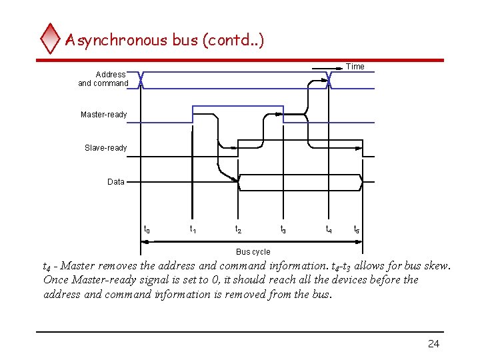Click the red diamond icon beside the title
(51, 39)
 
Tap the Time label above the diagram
(355, 67)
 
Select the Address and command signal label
(104, 79)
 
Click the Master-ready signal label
(103, 115)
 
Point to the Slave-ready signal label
(105, 147)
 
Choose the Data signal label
(116, 181)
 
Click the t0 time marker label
(147, 230)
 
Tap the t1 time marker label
(193, 230)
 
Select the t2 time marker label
(237, 230)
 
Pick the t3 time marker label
(283, 230)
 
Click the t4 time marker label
(329, 230)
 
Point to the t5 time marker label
(357, 230)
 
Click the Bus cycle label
(253, 252)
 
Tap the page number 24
(433, 344)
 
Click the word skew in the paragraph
(436, 266)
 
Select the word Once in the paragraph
(57, 280)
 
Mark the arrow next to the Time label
(328, 67)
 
